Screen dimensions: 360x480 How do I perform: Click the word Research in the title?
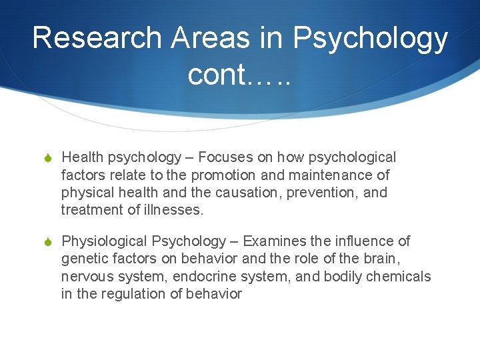pos(96,38)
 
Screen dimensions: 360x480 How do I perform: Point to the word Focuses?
pos(227,157)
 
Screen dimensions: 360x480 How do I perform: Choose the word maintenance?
pos(331,175)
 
